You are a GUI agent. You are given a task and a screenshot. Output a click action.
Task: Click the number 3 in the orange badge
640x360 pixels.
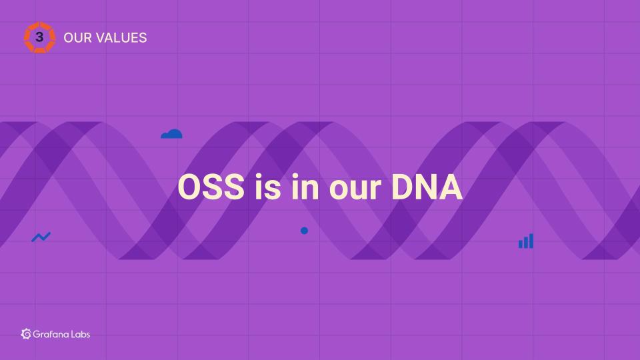[x=39, y=37]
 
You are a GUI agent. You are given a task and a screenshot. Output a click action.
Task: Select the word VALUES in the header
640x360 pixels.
[x=121, y=37]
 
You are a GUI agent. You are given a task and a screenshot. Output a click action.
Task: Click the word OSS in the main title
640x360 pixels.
[x=211, y=187]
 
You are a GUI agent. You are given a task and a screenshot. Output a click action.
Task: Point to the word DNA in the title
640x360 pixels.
[x=427, y=187]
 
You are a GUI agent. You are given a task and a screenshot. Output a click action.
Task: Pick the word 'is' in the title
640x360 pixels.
[x=268, y=187]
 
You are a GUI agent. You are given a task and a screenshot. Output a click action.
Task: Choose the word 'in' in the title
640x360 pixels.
[x=305, y=187]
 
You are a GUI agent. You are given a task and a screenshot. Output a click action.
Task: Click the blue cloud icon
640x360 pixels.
[x=171, y=134]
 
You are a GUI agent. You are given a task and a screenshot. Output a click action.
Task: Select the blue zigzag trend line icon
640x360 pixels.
[x=41, y=237]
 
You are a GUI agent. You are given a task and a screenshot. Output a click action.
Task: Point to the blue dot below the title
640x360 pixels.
[x=304, y=231]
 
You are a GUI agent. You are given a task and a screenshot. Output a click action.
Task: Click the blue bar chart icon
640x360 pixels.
[x=526, y=241]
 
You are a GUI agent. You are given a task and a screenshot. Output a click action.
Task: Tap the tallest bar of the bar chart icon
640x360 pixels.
[x=531, y=241]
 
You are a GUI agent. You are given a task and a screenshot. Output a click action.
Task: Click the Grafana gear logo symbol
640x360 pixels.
[x=26, y=334]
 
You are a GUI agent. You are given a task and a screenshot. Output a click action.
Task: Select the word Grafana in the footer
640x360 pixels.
[x=51, y=334]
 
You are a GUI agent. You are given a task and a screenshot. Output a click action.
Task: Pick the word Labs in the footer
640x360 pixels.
[x=81, y=334]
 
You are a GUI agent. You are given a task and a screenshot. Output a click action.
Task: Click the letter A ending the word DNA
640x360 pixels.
[x=451, y=187]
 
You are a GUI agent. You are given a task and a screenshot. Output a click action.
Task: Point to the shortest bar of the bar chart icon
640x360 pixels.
[x=521, y=244]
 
